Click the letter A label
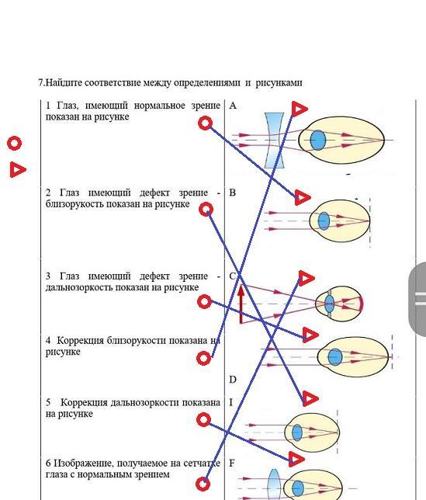click(233, 106)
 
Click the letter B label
click(232, 193)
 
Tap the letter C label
click(233, 276)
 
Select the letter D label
click(233, 380)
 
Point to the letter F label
click(232, 463)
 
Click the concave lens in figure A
click(275, 140)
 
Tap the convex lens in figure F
click(274, 484)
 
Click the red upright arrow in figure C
click(241, 304)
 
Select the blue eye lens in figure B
click(324, 220)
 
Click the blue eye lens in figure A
click(317, 140)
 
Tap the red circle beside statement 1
click(205, 123)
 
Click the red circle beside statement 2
click(206, 210)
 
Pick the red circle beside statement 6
click(203, 484)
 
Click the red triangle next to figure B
click(301, 197)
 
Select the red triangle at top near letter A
click(299, 109)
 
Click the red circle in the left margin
click(14, 143)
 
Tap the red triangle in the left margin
click(17, 169)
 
